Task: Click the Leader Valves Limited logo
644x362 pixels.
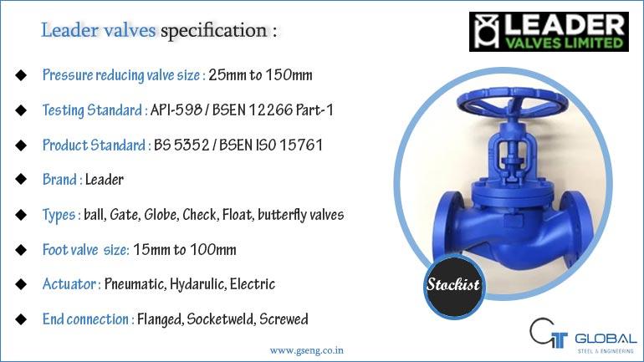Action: click(x=549, y=32)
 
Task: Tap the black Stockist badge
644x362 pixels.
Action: click(x=454, y=284)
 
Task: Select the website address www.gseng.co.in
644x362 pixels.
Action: click(x=306, y=350)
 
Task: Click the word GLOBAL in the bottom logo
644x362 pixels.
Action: click(x=606, y=339)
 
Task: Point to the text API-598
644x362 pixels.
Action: click(x=176, y=110)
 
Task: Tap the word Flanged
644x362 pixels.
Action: click(x=161, y=319)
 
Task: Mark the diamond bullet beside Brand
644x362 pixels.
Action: click(x=21, y=180)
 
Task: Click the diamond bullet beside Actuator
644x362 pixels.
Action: click(x=21, y=284)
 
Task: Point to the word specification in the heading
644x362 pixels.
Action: click(x=213, y=30)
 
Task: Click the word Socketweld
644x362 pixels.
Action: click(x=221, y=319)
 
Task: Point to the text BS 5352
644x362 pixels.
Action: click(x=181, y=145)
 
